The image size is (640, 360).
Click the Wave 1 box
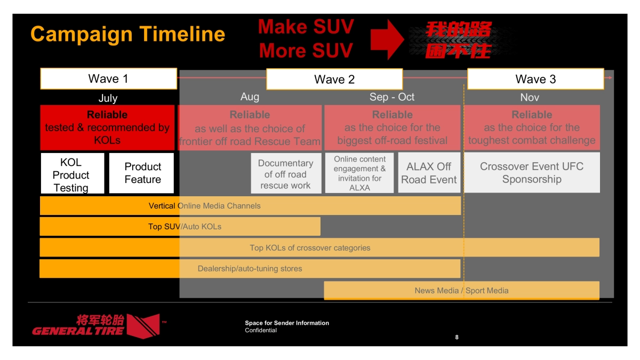[x=108, y=79]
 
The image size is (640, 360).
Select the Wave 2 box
[x=334, y=79]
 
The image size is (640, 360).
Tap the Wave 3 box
[x=535, y=79]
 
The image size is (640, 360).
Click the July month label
[x=108, y=98]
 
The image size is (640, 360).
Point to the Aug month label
[x=250, y=97]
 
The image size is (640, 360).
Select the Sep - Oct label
[x=392, y=97]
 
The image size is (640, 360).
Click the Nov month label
[x=530, y=98]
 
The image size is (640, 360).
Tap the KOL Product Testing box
[x=71, y=174]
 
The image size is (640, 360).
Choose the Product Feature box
[x=142, y=173]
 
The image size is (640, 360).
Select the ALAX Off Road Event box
[x=429, y=173]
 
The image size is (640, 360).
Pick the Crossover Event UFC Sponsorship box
[x=532, y=173]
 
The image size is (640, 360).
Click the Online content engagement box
[x=359, y=173]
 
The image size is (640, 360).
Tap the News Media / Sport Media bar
[x=461, y=291]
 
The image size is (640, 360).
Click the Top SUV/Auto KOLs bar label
[x=185, y=227]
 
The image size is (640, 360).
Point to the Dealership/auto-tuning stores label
[x=250, y=269]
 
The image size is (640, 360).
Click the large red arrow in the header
[x=387, y=39]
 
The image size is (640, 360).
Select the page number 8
[x=457, y=337]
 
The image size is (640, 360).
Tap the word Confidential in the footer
[x=261, y=330]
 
